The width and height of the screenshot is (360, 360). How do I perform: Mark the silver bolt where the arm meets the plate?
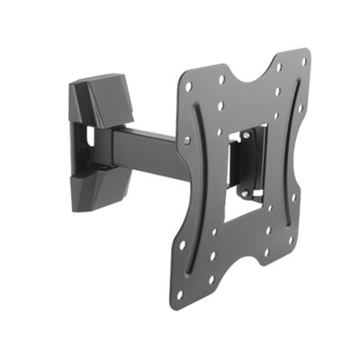[186, 141]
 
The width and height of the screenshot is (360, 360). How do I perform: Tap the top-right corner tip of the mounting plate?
[305, 52]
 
